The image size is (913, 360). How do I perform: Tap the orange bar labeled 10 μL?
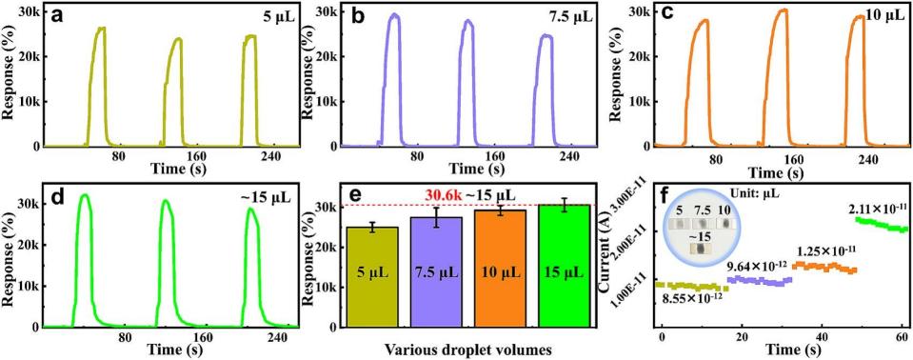click(x=500, y=268)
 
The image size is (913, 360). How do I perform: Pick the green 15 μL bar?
click(x=564, y=266)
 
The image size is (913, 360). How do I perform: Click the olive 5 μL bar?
click(x=372, y=277)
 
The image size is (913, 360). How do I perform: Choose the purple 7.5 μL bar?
click(x=436, y=272)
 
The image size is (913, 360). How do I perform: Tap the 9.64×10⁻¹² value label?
click(x=756, y=267)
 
